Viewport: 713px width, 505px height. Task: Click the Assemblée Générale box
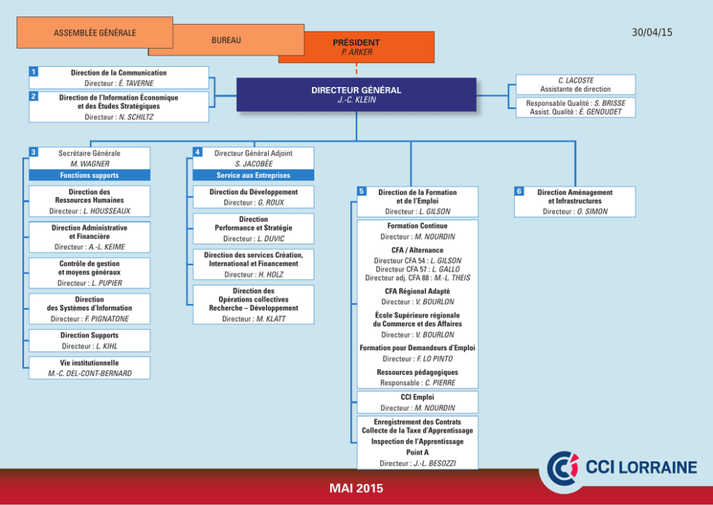click(x=94, y=32)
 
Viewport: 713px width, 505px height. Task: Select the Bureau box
click(x=226, y=41)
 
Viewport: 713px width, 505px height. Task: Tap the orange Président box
click(x=356, y=47)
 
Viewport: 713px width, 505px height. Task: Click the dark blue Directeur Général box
click(x=356, y=94)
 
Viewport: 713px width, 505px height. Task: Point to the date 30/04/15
click(x=652, y=32)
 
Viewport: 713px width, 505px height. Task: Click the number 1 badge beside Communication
click(x=33, y=71)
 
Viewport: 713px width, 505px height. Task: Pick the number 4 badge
click(x=197, y=152)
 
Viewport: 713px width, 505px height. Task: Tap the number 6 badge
click(x=519, y=191)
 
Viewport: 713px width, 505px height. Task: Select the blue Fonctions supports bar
click(x=90, y=175)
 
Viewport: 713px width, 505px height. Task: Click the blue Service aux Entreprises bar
click(x=254, y=175)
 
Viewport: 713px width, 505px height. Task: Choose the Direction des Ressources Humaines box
click(x=90, y=201)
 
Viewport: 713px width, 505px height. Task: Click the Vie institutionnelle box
click(x=90, y=368)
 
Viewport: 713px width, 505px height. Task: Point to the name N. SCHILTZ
click(x=136, y=117)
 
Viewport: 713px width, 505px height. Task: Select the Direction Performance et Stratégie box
click(x=254, y=229)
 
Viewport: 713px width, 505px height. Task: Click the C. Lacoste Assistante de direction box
click(x=576, y=85)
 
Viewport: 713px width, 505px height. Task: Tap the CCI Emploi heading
click(x=418, y=397)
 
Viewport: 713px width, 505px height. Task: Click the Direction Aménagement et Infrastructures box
click(x=575, y=201)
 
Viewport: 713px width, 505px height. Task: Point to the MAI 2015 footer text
click(x=356, y=488)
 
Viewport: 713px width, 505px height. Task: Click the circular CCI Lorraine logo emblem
click(x=563, y=468)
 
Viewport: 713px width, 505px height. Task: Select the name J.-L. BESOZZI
click(x=434, y=463)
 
